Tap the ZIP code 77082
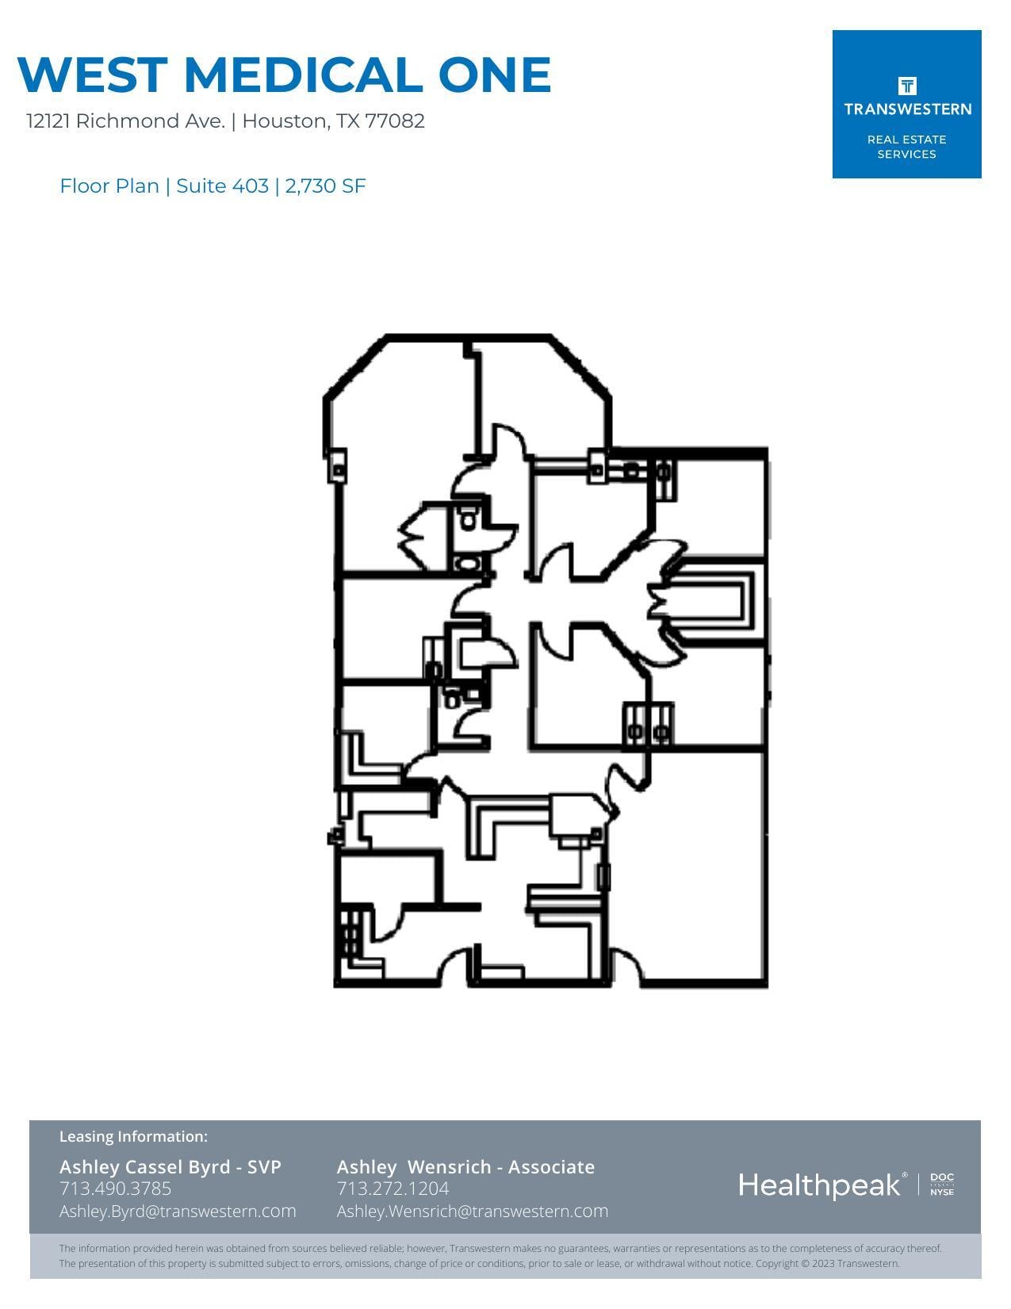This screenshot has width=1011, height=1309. [x=395, y=121]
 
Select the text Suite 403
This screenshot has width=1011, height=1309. [x=222, y=186]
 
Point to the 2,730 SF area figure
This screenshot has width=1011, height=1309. [x=325, y=186]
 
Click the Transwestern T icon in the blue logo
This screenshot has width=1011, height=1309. [x=907, y=86]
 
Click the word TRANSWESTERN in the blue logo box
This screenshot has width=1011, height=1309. [x=907, y=109]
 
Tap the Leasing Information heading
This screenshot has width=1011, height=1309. [x=133, y=1137]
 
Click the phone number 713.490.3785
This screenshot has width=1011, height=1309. [x=115, y=1188]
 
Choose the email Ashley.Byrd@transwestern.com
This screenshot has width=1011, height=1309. [x=178, y=1211]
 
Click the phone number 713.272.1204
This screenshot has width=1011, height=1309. [x=393, y=1188]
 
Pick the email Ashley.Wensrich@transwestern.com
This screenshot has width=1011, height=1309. [x=473, y=1211]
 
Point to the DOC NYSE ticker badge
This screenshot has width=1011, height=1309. [x=942, y=1185]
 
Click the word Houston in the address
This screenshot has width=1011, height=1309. [x=285, y=121]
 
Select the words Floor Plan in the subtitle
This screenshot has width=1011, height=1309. [x=109, y=186]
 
